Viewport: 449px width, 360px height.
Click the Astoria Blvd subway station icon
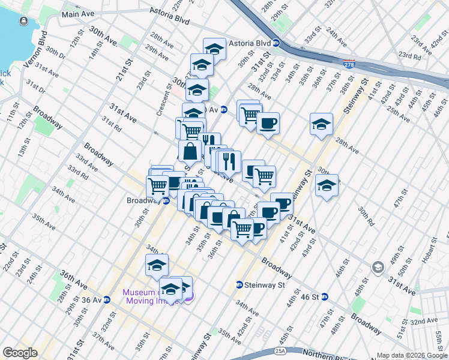coord(276,43)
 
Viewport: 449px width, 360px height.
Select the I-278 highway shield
coord(348,64)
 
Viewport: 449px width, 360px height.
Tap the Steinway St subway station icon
coord(239,285)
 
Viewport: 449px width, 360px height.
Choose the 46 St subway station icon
coord(325,296)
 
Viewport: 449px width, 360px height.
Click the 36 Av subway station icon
coord(106,299)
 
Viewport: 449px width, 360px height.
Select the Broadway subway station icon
coord(166,200)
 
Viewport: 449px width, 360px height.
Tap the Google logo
coord(20,353)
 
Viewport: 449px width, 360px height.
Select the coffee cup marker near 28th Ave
coord(268,123)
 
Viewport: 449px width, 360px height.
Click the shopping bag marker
coord(190,151)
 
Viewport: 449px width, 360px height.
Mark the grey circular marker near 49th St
coord(378,266)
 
